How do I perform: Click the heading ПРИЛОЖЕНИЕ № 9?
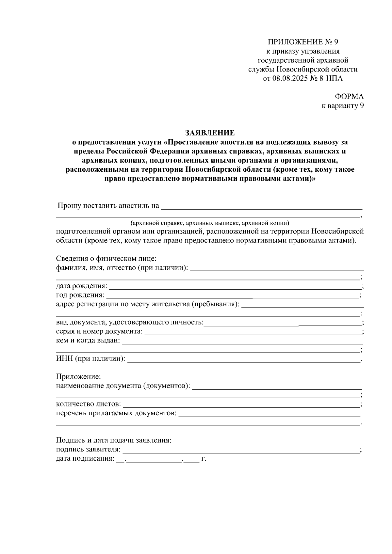click(x=303, y=42)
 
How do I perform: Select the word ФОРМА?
click(x=349, y=97)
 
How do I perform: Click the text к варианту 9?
click(x=343, y=106)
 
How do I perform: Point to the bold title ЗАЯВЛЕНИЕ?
click(x=210, y=133)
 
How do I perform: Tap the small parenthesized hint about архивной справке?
click(x=210, y=223)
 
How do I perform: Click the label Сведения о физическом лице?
click(x=106, y=259)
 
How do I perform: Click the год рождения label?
click(x=80, y=295)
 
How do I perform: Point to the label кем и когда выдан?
click(x=88, y=341)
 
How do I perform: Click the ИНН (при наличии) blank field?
click(x=243, y=360)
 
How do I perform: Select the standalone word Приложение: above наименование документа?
click(x=78, y=377)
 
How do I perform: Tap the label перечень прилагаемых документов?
click(x=116, y=414)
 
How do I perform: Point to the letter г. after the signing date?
click(x=204, y=459)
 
